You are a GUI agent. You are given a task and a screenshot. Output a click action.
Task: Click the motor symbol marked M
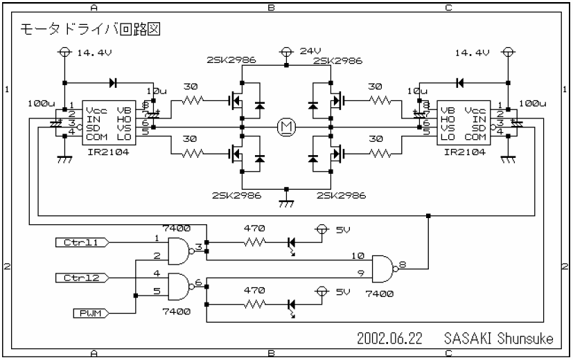pyautogui.click(x=285, y=127)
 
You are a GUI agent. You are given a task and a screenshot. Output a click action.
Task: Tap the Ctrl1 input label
pyautogui.click(x=82, y=242)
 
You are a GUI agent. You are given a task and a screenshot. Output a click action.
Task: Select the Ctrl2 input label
pyautogui.click(x=82, y=278)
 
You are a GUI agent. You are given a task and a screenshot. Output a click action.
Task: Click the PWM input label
pyautogui.click(x=88, y=314)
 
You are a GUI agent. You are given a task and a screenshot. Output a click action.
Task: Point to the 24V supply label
pyautogui.click(x=309, y=52)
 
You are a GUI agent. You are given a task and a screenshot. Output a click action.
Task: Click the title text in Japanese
pyautogui.click(x=91, y=31)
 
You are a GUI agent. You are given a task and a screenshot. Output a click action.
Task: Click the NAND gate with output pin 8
pyautogui.click(x=385, y=266)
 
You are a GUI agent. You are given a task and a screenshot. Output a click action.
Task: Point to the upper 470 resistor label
pyautogui.click(x=254, y=228)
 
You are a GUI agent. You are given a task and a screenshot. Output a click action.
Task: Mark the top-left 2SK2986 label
pyautogui.click(x=231, y=61)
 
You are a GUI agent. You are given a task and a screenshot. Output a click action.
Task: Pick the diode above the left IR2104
pyautogui.click(x=113, y=82)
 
